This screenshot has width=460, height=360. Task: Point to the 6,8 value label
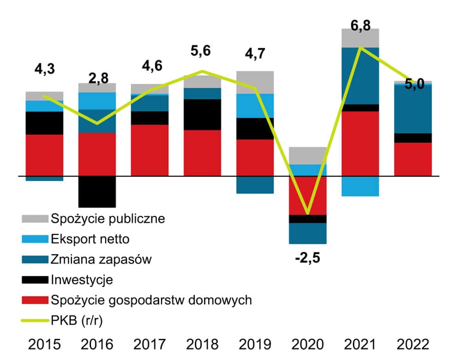click(x=360, y=20)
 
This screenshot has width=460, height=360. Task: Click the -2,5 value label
click(x=307, y=257)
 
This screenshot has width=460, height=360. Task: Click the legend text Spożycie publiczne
click(x=108, y=218)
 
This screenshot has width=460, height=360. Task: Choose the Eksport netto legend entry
click(x=91, y=239)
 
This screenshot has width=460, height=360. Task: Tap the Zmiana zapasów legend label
click(x=101, y=260)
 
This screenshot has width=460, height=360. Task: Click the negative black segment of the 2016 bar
click(x=97, y=192)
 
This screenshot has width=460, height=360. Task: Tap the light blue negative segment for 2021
click(x=360, y=186)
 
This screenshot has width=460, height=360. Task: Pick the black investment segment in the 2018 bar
click(x=202, y=114)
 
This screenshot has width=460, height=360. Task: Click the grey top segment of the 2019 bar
click(x=255, y=82)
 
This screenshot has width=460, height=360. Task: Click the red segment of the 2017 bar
click(x=149, y=150)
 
